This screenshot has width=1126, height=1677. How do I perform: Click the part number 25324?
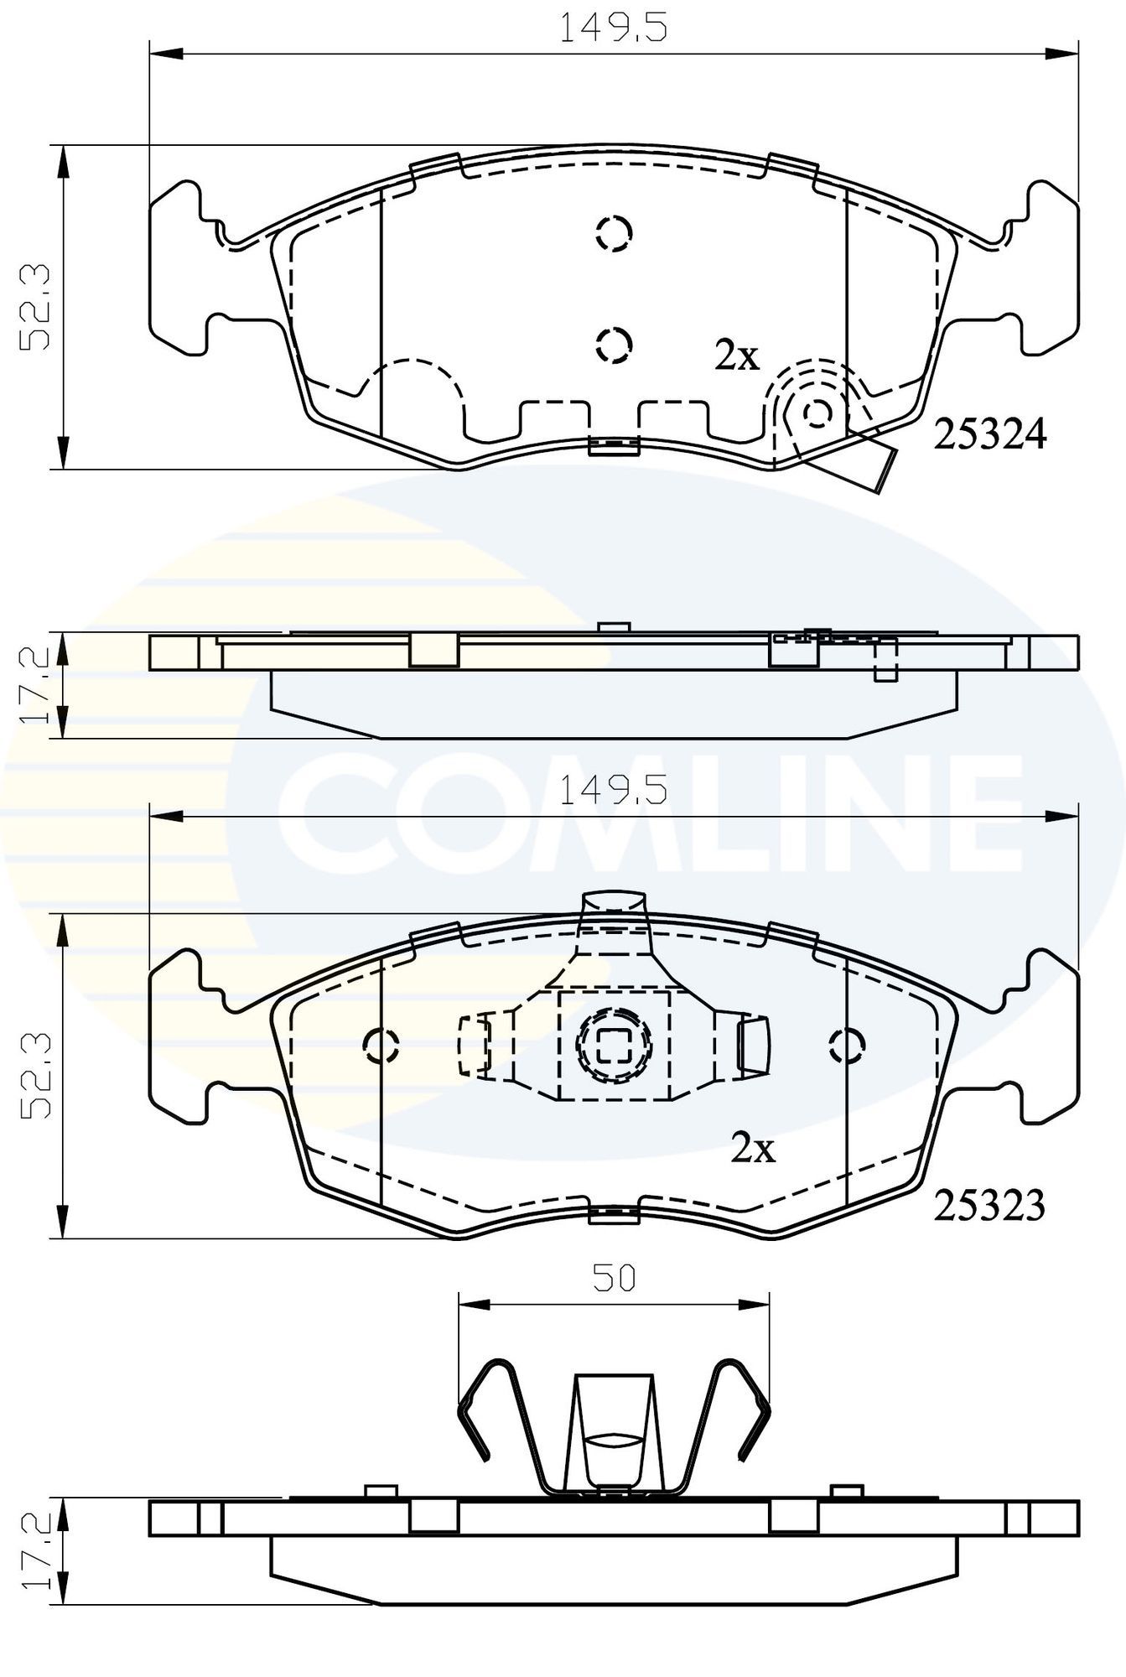(990, 434)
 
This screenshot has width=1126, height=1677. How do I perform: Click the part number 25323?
(989, 1206)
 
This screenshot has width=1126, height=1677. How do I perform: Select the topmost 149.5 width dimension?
(613, 29)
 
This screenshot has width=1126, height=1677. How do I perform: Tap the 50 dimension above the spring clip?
(615, 1277)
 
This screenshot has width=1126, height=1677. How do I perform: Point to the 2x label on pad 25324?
(737, 357)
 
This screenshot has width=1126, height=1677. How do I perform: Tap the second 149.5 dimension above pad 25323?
(613, 790)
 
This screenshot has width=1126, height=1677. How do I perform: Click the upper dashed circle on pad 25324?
(614, 233)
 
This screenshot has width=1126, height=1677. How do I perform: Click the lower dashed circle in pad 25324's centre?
(614, 344)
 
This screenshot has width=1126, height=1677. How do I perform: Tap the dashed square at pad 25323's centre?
(613, 1044)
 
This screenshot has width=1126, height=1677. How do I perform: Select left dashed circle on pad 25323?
(381, 1044)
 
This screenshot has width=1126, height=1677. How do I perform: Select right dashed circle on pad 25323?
(846, 1044)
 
